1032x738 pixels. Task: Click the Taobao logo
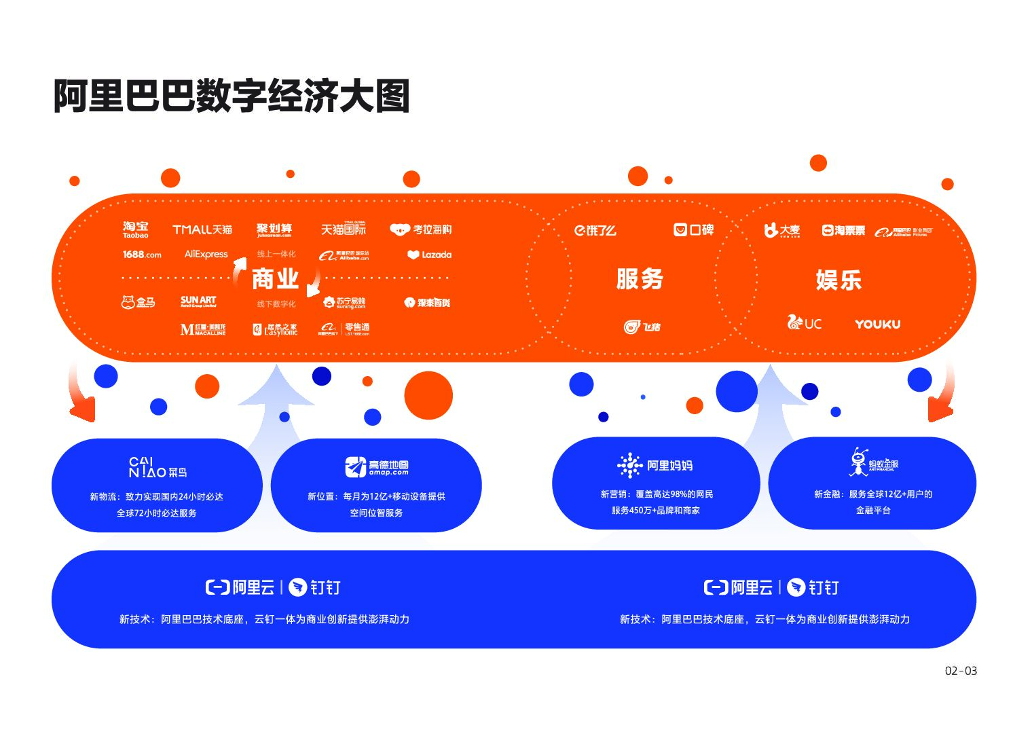pos(136,229)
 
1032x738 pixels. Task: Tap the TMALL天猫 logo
pos(202,229)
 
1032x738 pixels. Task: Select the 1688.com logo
pos(142,255)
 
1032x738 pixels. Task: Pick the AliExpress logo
pos(206,255)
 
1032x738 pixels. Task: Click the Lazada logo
pos(429,255)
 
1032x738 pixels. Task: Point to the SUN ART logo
pos(198,301)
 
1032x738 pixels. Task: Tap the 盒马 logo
pos(138,302)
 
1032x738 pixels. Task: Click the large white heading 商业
pos(275,278)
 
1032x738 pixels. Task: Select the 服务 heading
pos(640,279)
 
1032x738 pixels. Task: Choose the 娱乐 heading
pos(838,280)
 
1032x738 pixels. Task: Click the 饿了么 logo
pos(595,231)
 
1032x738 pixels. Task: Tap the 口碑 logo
pos(693,230)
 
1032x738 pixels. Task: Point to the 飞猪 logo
pos(642,327)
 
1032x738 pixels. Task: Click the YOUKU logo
pos(877,324)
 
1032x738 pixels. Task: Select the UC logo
pos(804,322)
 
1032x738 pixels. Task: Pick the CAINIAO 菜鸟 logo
pos(158,468)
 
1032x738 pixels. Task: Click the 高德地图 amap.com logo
pos(377,467)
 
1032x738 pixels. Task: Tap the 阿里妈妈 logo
pos(655,466)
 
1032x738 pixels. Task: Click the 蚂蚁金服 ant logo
pos(874,462)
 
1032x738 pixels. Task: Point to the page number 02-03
pos(961,671)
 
